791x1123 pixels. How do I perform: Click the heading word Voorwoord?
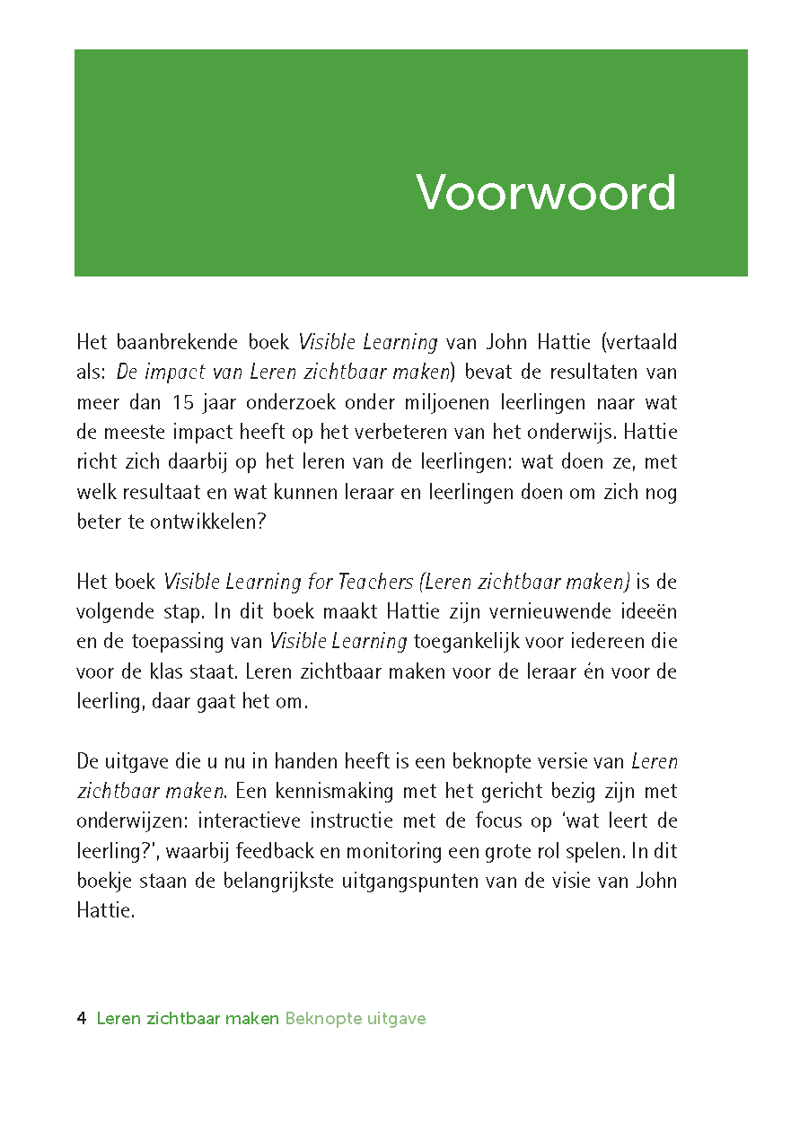pos(546,192)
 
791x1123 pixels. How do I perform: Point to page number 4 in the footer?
pos(82,1019)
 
